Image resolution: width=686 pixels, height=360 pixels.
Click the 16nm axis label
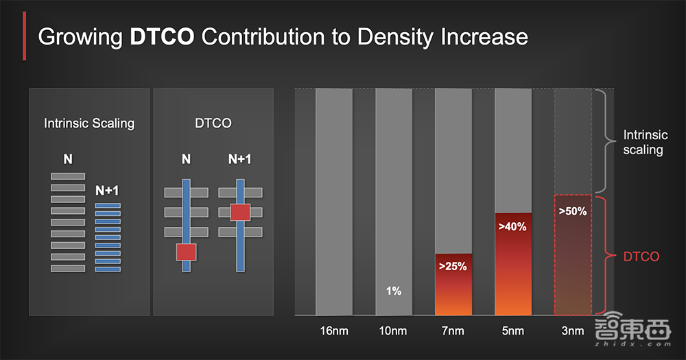tap(334, 331)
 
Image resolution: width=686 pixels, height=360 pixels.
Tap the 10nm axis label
tap(393, 331)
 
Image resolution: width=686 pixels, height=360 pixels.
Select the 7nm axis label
tap(453, 331)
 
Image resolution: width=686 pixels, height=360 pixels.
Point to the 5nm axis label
tap(512, 331)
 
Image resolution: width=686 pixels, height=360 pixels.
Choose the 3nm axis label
tap(571, 331)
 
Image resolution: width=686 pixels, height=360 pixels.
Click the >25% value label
tap(453, 266)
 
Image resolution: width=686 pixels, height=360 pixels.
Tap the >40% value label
tap(512, 226)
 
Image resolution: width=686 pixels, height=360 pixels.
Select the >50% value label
tap(572, 212)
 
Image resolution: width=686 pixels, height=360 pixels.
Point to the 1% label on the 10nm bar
tap(393, 291)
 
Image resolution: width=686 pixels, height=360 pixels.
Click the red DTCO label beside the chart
tap(641, 256)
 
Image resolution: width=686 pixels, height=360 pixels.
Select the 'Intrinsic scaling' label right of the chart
tap(643, 143)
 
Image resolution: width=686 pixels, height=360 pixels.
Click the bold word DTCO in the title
tap(163, 36)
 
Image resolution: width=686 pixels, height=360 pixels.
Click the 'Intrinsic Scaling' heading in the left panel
tap(89, 123)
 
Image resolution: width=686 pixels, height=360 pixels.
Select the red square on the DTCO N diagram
tap(186, 252)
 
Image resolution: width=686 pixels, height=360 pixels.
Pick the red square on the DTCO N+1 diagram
tap(240, 212)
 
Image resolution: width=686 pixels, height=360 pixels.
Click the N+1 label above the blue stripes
tap(108, 191)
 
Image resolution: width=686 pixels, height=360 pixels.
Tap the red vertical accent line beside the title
tap(25, 36)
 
